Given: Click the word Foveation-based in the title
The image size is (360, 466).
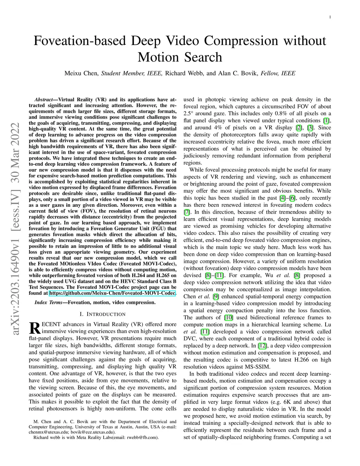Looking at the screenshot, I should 80,41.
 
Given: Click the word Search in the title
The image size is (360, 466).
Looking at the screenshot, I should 202,57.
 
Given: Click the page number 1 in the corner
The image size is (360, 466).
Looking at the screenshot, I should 330,17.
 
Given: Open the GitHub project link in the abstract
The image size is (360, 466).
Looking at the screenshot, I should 112,293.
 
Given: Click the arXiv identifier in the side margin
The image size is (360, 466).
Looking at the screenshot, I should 15,229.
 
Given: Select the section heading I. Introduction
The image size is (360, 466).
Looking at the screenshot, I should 102,314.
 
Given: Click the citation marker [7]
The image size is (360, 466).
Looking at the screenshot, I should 187,212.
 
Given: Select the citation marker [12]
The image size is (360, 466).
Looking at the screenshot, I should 262,346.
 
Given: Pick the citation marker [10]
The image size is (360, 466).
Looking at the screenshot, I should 229,318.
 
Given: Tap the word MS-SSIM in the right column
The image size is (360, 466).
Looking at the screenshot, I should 257,367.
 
